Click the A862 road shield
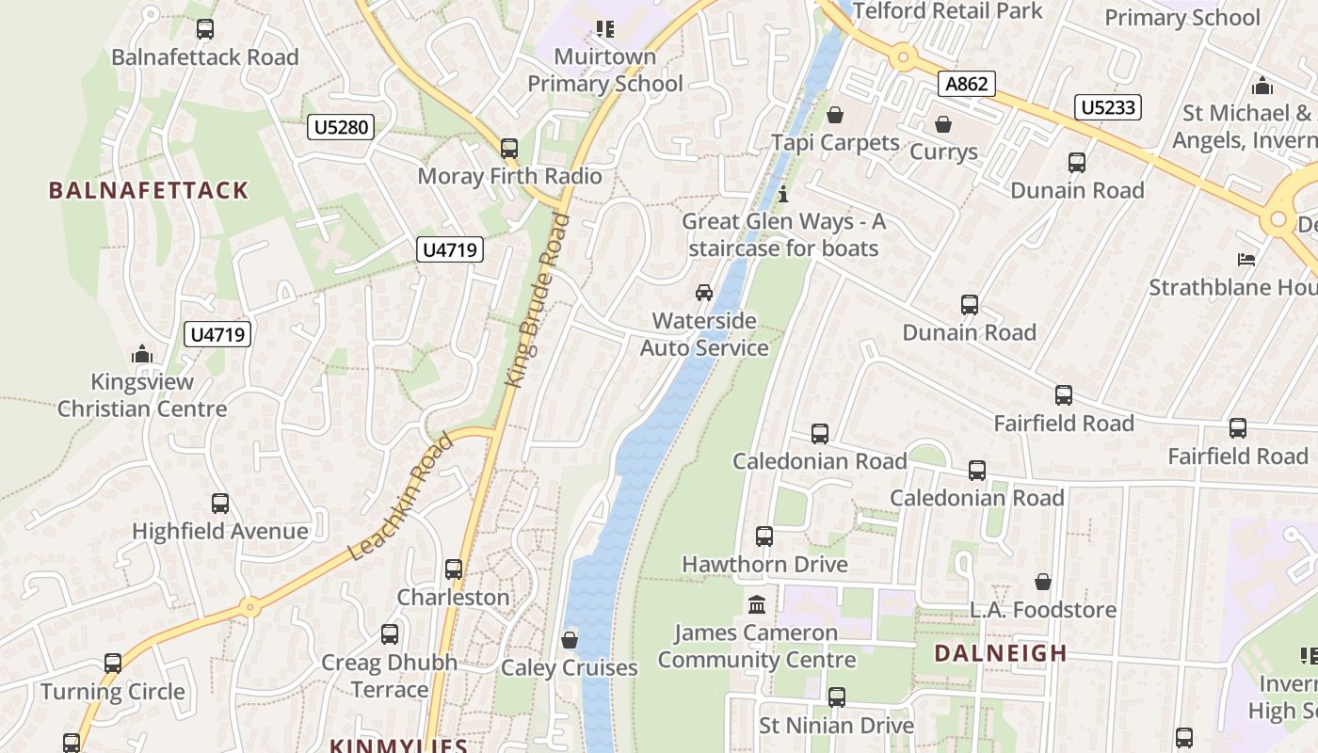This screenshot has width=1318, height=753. [967, 84]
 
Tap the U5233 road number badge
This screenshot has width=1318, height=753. [1107, 107]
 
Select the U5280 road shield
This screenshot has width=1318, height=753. [340, 126]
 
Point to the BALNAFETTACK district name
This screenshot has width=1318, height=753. [149, 190]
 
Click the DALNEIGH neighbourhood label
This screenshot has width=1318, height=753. [1001, 653]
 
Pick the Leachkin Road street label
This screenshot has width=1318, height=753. [401, 497]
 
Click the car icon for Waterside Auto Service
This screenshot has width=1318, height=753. [704, 292]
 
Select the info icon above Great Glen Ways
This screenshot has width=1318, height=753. [783, 194]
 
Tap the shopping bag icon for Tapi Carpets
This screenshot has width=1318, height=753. [834, 115]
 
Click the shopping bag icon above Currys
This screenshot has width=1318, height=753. [942, 124]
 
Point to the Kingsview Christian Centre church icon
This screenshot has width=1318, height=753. [142, 354]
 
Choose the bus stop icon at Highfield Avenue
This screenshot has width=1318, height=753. [219, 504]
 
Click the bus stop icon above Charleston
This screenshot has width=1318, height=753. [454, 569]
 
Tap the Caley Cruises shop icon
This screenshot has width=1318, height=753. [570, 641]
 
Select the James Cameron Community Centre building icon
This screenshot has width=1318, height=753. [757, 604]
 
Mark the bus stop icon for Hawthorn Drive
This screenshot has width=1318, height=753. [764, 537]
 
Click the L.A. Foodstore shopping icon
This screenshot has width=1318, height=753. [1043, 582]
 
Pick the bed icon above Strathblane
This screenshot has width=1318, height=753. [1246, 259]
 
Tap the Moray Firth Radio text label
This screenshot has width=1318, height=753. [509, 176]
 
